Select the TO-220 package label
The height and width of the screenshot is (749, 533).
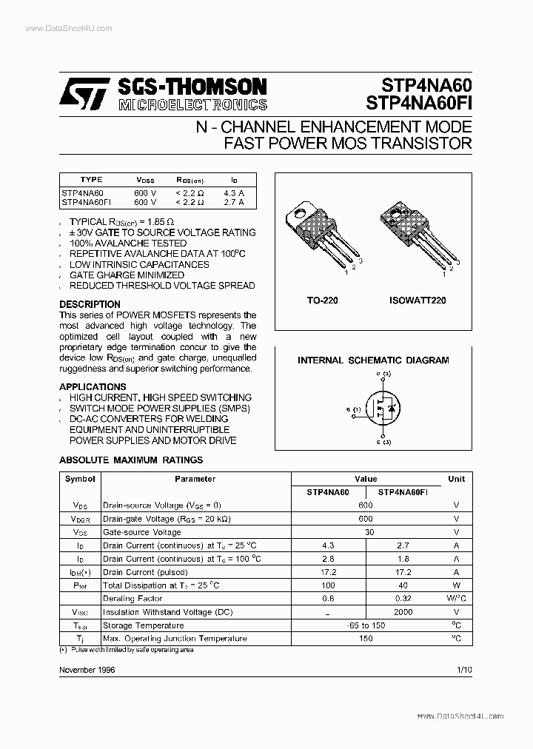[322, 301]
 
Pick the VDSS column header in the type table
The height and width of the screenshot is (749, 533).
[146, 180]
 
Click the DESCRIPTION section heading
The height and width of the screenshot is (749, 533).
[90, 304]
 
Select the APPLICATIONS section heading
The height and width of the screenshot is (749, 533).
[93, 386]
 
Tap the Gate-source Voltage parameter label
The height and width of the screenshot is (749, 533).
[141, 532]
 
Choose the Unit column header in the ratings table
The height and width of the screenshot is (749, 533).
[456, 479]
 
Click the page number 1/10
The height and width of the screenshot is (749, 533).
[464, 669]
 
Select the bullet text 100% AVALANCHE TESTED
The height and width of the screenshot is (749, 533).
[127, 243]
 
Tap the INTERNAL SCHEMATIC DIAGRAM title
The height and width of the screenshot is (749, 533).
[373, 360]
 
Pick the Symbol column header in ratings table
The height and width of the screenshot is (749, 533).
[80, 479]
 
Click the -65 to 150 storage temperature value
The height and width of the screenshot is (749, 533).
[366, 625]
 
